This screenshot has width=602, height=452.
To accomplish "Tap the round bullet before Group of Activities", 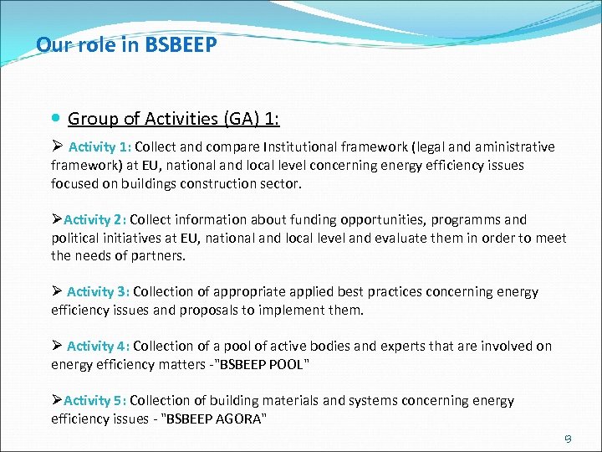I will tap(55, 119).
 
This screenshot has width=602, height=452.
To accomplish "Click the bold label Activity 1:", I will tap(107, 147).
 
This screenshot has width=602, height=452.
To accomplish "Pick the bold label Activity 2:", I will tap(94, 220).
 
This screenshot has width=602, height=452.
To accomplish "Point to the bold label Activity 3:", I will tap(98, 292).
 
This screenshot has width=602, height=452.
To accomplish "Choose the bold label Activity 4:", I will tap(98, 346).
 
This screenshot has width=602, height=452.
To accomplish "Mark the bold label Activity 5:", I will tap(94, 401).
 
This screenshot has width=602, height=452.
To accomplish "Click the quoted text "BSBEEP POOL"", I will tap(260, 364).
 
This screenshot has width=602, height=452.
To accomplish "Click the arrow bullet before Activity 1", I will tap(57, 147).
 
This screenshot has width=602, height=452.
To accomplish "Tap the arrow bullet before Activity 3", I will tap(57, 292).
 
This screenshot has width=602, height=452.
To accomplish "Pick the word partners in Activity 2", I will tap(157, 256).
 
